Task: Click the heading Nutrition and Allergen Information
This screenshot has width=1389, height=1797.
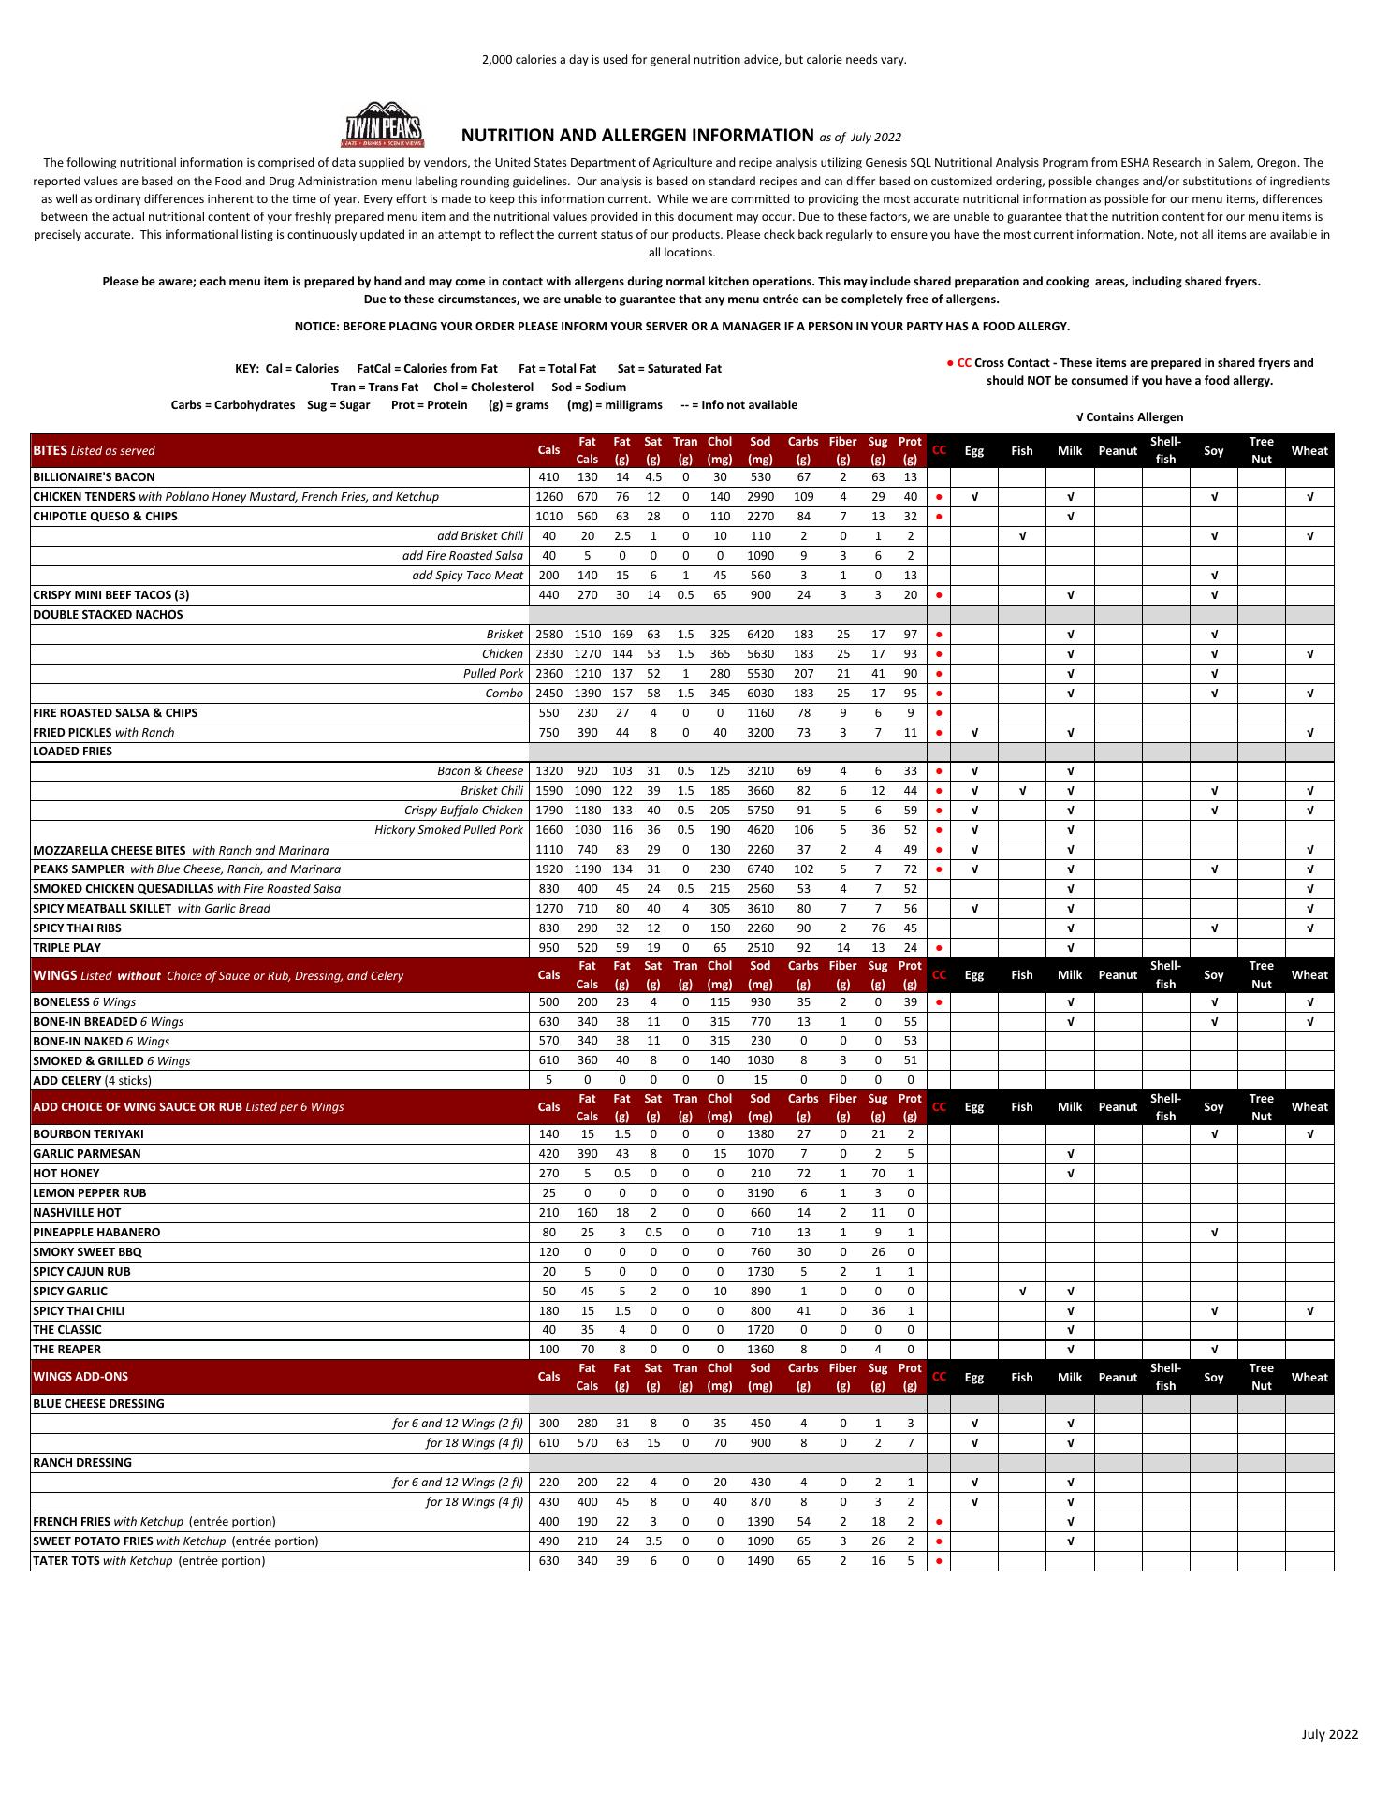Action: coord(637,136)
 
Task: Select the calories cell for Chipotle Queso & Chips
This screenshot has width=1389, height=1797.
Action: coord(548,517)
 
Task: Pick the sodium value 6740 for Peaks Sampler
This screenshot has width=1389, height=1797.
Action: coord(760,869)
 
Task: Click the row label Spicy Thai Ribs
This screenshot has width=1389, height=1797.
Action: coord(77,928)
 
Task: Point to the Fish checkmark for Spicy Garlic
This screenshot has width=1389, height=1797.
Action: coord(1022,1292)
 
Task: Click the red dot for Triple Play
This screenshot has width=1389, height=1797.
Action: coord(939,948)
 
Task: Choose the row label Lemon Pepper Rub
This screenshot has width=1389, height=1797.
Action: coord(89,1193)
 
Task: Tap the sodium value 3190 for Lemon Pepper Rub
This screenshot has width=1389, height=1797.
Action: coord(760,1193)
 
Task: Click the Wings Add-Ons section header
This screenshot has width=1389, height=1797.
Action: coord(80,1377)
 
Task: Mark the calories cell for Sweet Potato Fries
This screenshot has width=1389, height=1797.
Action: coord(548,1541)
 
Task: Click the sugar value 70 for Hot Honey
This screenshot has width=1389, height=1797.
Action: coord(877,1174)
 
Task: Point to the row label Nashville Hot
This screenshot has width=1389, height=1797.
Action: coord(77,1213)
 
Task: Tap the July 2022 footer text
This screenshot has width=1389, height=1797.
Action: coord(1329,1735)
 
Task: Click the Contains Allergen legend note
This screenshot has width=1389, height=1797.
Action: coord(1130,417)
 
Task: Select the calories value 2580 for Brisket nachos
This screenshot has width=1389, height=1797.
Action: coord(548,635)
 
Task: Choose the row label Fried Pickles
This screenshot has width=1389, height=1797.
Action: coord(72,733)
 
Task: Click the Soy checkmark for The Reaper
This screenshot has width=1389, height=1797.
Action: coord(1213,1350)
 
